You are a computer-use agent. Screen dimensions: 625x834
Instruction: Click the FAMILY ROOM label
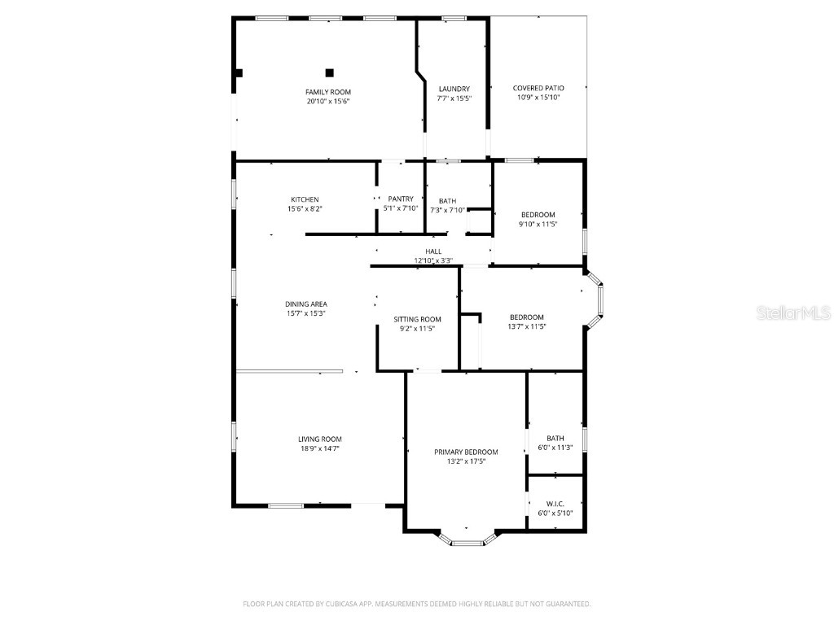[328, 92]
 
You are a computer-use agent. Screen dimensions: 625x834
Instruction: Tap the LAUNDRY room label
[454, 89]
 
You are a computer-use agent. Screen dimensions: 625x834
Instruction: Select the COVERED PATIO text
[538, 88]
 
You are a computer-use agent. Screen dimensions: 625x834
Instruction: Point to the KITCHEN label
[305, 199]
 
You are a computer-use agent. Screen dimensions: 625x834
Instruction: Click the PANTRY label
[400, 199]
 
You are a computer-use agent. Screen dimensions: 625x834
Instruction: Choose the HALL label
[432, 251]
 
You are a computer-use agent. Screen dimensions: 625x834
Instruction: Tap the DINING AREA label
[305, 304]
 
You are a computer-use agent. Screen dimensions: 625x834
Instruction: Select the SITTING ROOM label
[417, 319]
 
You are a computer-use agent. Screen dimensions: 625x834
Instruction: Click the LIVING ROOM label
[319, 439]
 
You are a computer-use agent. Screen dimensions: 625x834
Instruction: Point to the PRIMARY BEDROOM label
[465, 452]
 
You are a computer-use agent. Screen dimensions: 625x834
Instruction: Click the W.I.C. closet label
[555, 504]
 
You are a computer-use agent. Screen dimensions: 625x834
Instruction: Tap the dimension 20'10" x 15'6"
[328, 102]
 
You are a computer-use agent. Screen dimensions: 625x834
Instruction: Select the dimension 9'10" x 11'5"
[538, 224]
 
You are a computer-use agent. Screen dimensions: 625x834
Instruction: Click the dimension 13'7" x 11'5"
[526, 326]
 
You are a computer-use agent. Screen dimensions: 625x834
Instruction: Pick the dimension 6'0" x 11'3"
[555, 447]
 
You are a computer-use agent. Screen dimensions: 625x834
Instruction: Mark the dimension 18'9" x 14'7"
[319, 448]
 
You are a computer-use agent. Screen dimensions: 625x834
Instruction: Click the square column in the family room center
[329, 72]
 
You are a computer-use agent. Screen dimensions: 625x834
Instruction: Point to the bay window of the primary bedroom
[467, 540]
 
